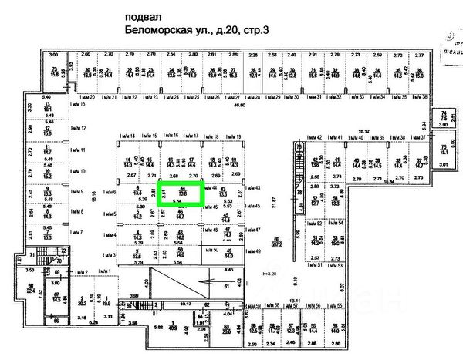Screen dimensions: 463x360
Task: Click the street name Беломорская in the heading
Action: [158, 32]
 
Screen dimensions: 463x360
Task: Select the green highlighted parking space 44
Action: [181, 192]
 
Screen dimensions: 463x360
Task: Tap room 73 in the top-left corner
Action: [54, 73]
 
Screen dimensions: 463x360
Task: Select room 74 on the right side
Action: [443, 117]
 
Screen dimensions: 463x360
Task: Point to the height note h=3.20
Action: [269, 274]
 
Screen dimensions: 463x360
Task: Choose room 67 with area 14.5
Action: [56, 298]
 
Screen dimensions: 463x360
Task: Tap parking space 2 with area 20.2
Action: [82, 301]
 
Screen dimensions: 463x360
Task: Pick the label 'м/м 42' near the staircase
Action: [314, 138]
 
